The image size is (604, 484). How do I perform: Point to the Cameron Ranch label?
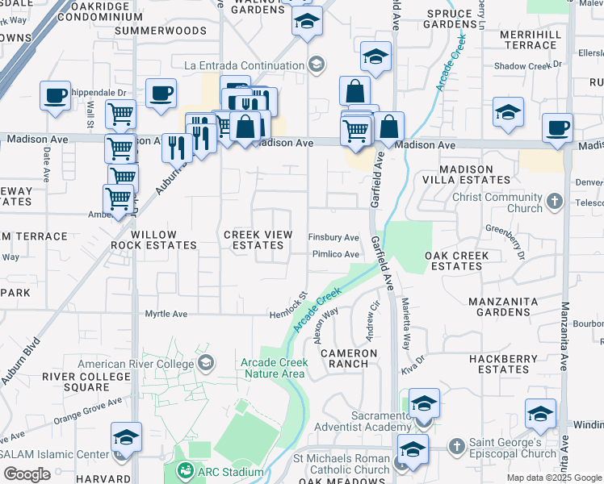tap(349, 358)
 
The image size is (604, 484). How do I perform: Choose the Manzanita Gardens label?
tap(510, 307)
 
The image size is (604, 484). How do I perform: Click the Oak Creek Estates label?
tap(457, 261)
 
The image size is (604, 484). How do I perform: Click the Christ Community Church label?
tap(497, 203)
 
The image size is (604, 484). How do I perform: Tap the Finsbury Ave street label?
tap(333, 238)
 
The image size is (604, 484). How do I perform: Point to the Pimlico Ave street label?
tap(335, 254)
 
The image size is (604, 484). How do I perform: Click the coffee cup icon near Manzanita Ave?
tap(557, 127)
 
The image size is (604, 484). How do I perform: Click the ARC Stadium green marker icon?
tap(186, 470)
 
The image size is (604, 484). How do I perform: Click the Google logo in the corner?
tap(27, 474)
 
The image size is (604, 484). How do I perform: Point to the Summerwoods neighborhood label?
tap(161, 31)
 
